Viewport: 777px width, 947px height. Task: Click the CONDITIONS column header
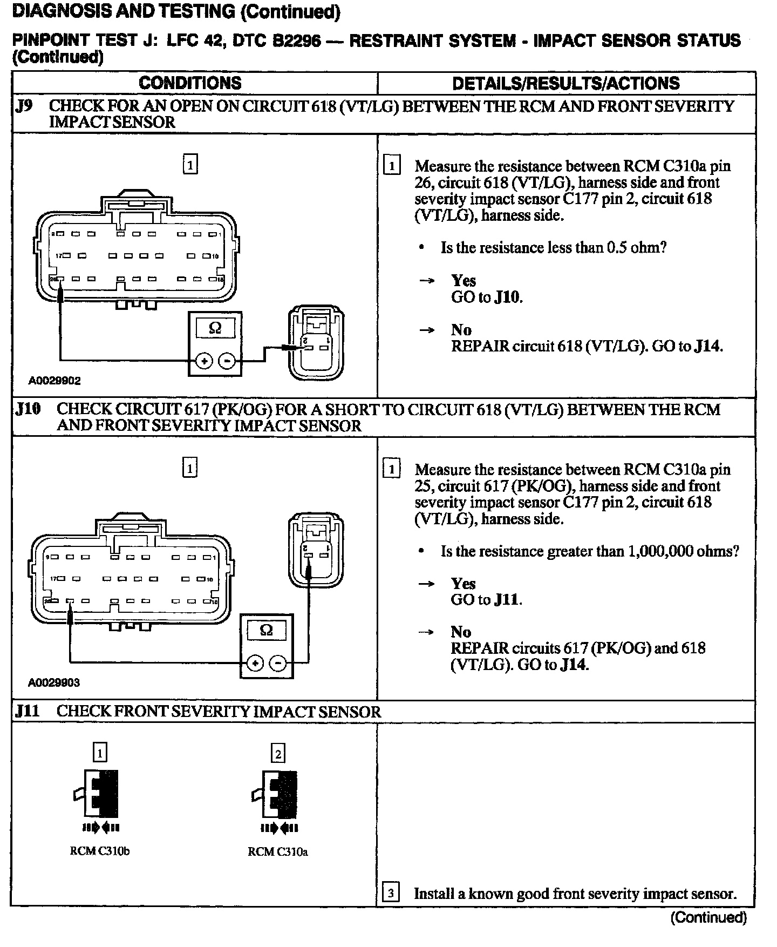pyautogui.click(x=190, y=83)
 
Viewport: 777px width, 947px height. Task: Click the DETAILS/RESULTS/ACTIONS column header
pyautogui.click(x=566, y=83)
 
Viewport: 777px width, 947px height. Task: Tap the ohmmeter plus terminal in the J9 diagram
pyautogui.click(x=204, y=361)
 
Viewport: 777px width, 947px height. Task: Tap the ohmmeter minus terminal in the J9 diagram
pyautogui.click(x=228, y=361)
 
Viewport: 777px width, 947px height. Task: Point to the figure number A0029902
pyautogui.click(x=54, y=381)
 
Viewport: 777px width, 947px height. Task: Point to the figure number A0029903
pyautogui.click(x=54, y=682)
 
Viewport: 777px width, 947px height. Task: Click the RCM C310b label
pyautogui.click(x=100, y=851)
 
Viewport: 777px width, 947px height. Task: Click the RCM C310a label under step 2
pyautogui.click(x=278, y=852)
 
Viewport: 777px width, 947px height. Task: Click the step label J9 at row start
pyautogui.click(x=24, y=106)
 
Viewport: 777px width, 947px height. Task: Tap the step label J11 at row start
pyautogui.click(x=28, y=711)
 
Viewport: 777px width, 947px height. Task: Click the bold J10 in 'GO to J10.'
pyautogui.click(x=508, y=297)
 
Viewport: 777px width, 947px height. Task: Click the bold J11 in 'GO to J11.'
pyautogui.click(x=508, y=600)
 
